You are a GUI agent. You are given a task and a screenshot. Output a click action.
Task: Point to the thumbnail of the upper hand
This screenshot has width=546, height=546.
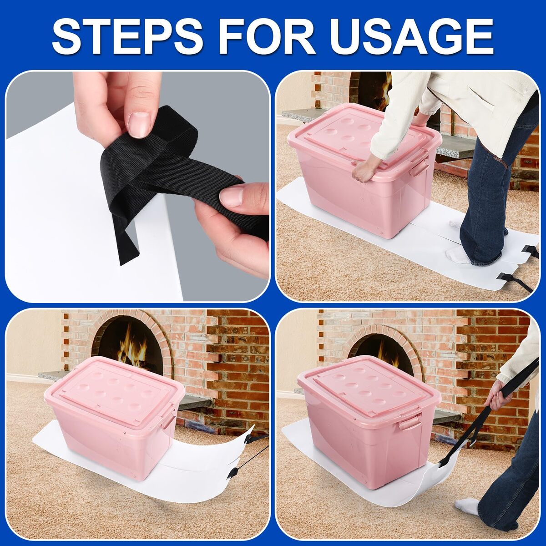[139, 124]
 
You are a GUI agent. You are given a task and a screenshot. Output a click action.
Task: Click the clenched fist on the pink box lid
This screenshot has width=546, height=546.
[363, 173]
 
